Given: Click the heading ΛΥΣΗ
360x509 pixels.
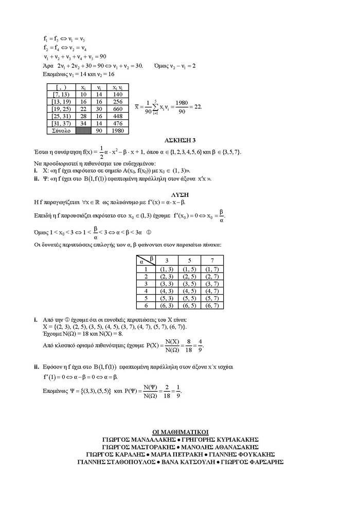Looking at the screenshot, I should [x=180, y=194].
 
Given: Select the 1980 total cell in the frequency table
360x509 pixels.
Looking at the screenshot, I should [x=117, y=131].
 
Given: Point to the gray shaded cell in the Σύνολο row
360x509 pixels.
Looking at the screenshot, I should [x=83, y=131].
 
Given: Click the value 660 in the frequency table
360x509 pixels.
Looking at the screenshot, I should [x=117, y=109].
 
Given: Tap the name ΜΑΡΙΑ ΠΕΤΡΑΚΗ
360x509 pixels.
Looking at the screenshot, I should [x=178, y=455].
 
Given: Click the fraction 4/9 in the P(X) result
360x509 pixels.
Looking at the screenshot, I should [x=200, y=345].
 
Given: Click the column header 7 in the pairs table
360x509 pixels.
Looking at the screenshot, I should [x=212, y=260].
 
